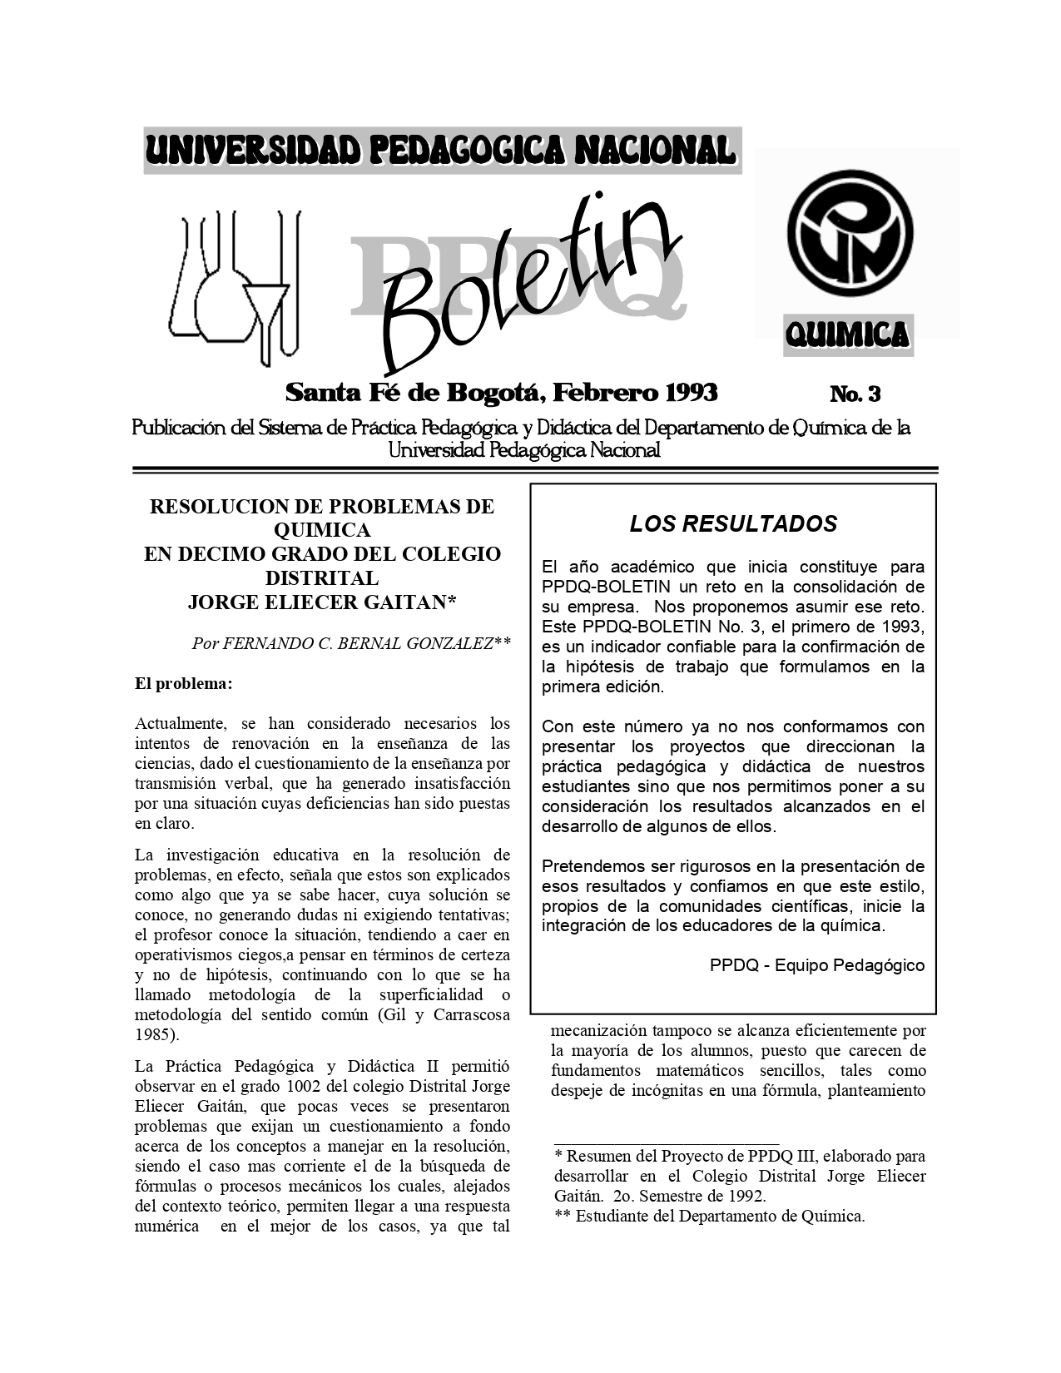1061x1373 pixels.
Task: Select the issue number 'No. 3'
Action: coord(855,393)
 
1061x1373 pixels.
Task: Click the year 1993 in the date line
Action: coord(686,391)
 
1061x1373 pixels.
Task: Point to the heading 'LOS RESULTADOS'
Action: coord(733,523)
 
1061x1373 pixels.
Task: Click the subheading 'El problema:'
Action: coord(183,684)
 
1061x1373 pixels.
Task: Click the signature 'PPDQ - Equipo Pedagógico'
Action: coord(816,965)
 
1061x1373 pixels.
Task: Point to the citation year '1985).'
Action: coord(156,1034)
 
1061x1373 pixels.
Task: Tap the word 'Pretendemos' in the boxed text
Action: coord(592,865)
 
